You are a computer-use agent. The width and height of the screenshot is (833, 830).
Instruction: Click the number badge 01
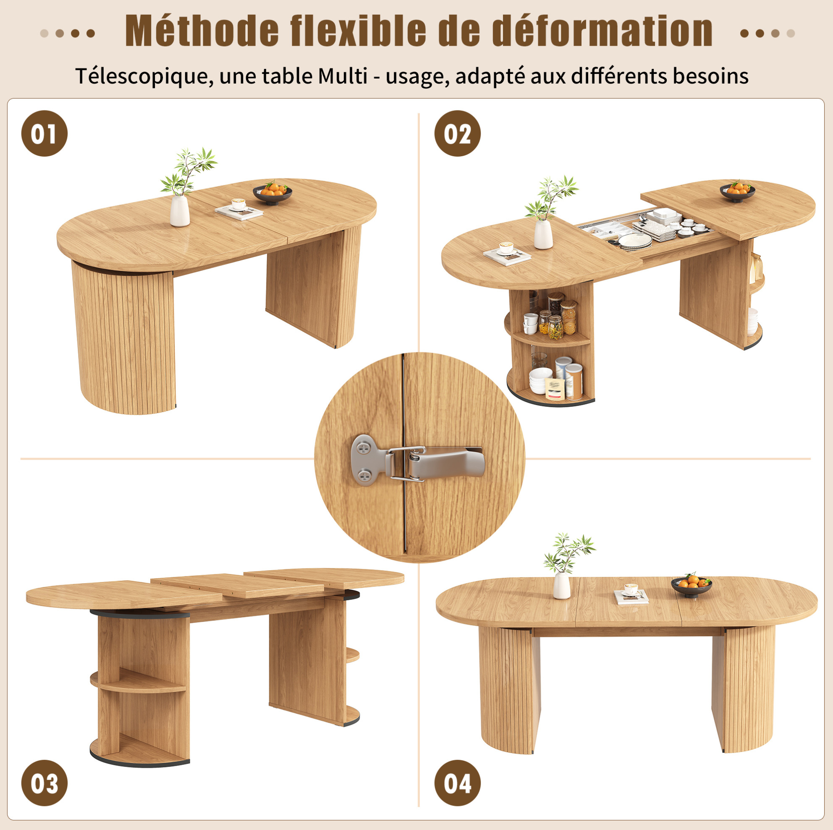coord(45,133)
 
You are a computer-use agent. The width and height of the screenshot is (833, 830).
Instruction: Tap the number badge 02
coord(458,133)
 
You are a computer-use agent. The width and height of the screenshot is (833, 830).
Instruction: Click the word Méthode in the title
coord(202,31)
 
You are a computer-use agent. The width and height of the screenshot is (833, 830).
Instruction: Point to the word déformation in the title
coord(602,31)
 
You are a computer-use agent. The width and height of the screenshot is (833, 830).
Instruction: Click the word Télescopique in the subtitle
coord(144,77)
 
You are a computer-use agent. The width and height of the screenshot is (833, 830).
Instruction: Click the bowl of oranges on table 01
coord(272,193)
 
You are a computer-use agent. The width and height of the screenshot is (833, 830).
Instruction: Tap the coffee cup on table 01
coord(238,204)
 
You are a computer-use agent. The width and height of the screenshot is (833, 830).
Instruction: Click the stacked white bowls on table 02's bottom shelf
coord(541,380)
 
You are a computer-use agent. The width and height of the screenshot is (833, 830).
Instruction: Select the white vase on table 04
coord(562,585)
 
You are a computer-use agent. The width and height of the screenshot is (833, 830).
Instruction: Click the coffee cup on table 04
coord(631,589)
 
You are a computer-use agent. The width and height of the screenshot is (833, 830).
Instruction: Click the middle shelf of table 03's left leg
coord(138,681)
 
